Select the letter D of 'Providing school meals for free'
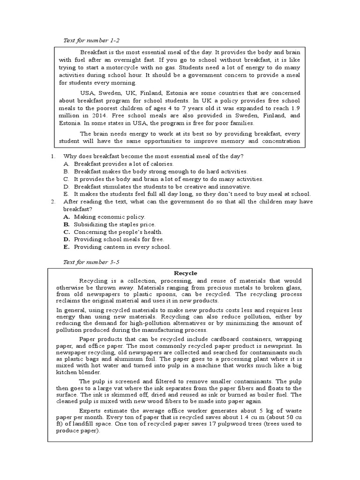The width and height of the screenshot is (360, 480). (x=67, y=239)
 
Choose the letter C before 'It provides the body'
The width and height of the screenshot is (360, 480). (x=67, y=179)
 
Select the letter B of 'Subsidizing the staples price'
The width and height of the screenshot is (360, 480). (x=67, y=224)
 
